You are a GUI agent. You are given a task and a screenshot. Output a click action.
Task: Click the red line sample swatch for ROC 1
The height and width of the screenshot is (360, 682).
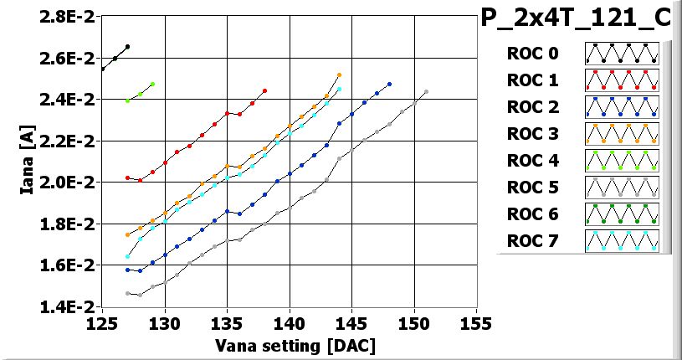(622, 80)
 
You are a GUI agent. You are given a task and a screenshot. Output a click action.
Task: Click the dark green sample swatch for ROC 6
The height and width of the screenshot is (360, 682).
(622, 214)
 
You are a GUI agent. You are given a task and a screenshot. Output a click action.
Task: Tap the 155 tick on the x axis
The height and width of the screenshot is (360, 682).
(476, 323)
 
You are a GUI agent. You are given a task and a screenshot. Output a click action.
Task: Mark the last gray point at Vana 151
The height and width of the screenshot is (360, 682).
(427, 92)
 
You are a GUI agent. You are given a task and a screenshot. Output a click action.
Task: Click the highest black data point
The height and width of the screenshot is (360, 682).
(127, 47)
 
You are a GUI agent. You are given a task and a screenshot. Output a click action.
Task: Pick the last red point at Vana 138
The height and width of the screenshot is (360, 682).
(264, 90)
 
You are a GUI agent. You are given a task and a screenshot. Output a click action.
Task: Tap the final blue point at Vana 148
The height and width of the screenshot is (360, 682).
(389, 84)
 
